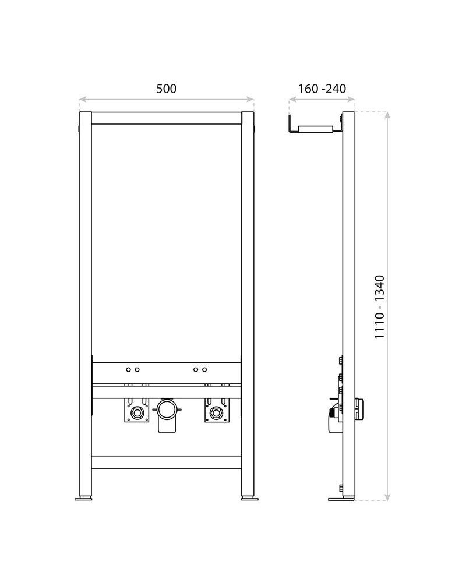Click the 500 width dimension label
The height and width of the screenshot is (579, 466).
coord(166,89)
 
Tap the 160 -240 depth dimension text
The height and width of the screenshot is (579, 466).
coord(322,89)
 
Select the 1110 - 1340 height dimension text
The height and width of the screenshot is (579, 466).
coord(380,307)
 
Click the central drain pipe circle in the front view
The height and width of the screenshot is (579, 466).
coord(167,407)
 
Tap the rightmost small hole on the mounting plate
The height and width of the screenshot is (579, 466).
coord(204,369)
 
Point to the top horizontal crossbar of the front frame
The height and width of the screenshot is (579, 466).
coord(167,118)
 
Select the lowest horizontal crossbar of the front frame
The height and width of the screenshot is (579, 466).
coord(167,463)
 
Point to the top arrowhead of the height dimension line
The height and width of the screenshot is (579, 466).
coord(387,114)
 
